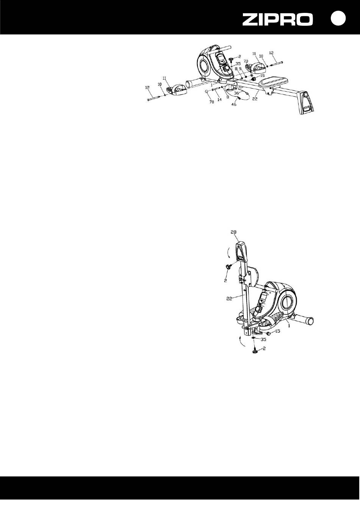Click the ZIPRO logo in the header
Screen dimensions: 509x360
(277, 20)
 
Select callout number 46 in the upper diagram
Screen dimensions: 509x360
(234, 105)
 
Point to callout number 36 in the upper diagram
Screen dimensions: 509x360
(236, 93)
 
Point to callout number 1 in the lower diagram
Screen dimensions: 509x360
(290, 325)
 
